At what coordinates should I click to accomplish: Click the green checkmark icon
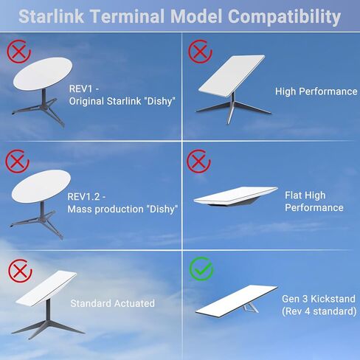pyautogui.click(x=201, y=269)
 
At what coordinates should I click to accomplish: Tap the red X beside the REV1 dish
pyautogui.click(x=18, y=52)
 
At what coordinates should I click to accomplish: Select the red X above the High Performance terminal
pyautogui.click(x=200, y=52)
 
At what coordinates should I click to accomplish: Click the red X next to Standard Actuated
pyautogui.click(x=20, y=271)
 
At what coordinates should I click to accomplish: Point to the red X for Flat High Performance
pyautogui.click(x=198, y=161)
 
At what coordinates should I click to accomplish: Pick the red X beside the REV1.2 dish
pyautogui.click(x=17, y=161)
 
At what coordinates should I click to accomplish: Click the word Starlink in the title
pyautogui.click(x=52, y=16)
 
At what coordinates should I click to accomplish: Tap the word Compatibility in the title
pyautogui.click(x=284, y=17)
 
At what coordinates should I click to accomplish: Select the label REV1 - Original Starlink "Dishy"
pyautogui.click(x=122, y=95)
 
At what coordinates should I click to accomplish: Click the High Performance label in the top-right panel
pyautogui.click(x=316, y=91)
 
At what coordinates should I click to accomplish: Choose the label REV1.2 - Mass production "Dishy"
pyautogui.click(x=122, y=203)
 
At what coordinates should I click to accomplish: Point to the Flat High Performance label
pyautogui.click(x=314, y=201)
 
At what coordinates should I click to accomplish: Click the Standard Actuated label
pyautogui.click(x=113, y=303)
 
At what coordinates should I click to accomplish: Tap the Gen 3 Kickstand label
pyautogui.click(x=319, y=305)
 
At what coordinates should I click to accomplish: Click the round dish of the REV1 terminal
pyautogui.click(x=43, y=74)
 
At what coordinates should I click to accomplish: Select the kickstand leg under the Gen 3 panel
pyautogui.click(x=251, y=308)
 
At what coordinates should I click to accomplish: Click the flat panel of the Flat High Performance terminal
pyautogui.click(x=235, y=196)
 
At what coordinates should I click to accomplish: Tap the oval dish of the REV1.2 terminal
pyautogui.click(x=41, y=186)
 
